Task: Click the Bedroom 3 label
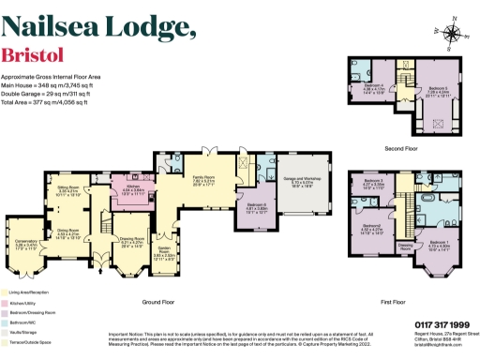pos(373,181)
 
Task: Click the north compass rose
pos(453,35)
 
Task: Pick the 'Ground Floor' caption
pos(162,302)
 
